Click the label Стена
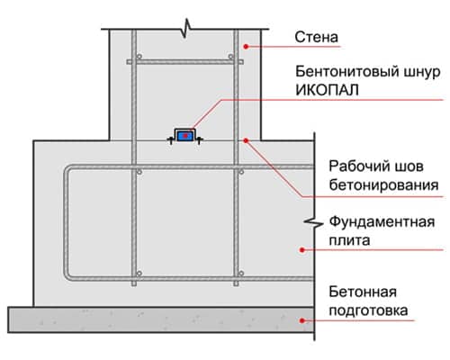pos(316,37)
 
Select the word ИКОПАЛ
pos(327,90)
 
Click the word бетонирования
pos(383,184)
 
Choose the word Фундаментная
pos(382,222)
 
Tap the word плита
pos(349,240)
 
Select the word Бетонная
pos(363,292)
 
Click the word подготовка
pos(368,310)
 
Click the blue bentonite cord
pos(185,136)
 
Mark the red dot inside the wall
pos(246,47)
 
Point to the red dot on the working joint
pos(246,140)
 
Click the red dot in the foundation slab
pos(302,249)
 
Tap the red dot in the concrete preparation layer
pos(302,320)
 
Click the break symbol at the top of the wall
pos(186,29)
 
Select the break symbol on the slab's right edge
pos(314,222)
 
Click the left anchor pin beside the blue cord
pos(170,139)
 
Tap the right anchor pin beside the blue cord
pos(200,139)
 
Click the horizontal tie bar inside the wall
pos(185,62)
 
